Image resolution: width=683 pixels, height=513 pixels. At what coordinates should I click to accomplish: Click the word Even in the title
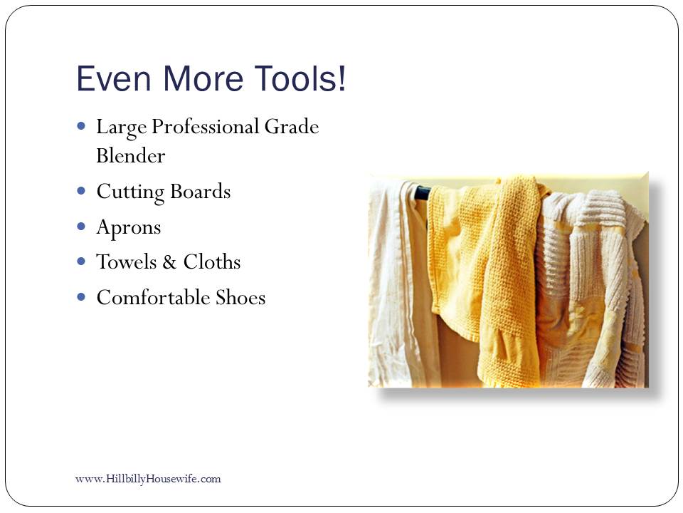[x=114, y=78]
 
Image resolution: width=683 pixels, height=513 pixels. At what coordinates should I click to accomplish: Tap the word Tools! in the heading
[x=300, y=78]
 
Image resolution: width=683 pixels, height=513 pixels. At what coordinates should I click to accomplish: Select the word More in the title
[x=203, y=78]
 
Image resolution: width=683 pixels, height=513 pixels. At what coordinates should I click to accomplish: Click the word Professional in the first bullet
[x=205, y=128]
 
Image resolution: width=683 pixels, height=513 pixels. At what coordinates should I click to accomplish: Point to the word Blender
[x=131, y=156]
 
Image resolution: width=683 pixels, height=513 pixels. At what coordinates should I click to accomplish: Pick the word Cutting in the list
[x=130, y=192]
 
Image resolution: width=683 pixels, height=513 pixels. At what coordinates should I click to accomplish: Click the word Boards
[x=201, y=192]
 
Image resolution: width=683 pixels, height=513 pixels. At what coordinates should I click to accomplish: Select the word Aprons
[x=129, y=228]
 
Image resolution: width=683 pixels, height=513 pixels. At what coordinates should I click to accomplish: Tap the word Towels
[x=127, y=261]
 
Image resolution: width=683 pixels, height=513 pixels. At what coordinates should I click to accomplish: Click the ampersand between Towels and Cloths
[x=169, y=262]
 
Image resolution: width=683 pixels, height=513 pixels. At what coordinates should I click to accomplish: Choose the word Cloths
[x=212, y=261]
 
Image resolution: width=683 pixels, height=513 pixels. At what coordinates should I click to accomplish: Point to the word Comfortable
[x=154, y=298]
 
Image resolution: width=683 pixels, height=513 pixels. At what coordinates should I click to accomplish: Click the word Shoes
[x=240, y=298]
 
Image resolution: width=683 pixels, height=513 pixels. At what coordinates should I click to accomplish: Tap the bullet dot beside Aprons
[x=81, y=226]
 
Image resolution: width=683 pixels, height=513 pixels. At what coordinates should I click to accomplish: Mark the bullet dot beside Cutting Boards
[x=81, y=190]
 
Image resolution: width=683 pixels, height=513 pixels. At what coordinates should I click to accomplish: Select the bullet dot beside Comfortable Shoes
[x=81, y=296]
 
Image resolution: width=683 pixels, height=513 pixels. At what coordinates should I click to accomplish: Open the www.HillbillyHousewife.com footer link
[x=148, y=479]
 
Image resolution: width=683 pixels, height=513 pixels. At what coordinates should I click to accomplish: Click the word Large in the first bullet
[x=122, y=128]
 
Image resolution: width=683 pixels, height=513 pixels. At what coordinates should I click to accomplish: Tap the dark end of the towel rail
[x=422, y=192]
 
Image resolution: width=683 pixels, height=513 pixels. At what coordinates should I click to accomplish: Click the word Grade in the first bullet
[x=292, y=127]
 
